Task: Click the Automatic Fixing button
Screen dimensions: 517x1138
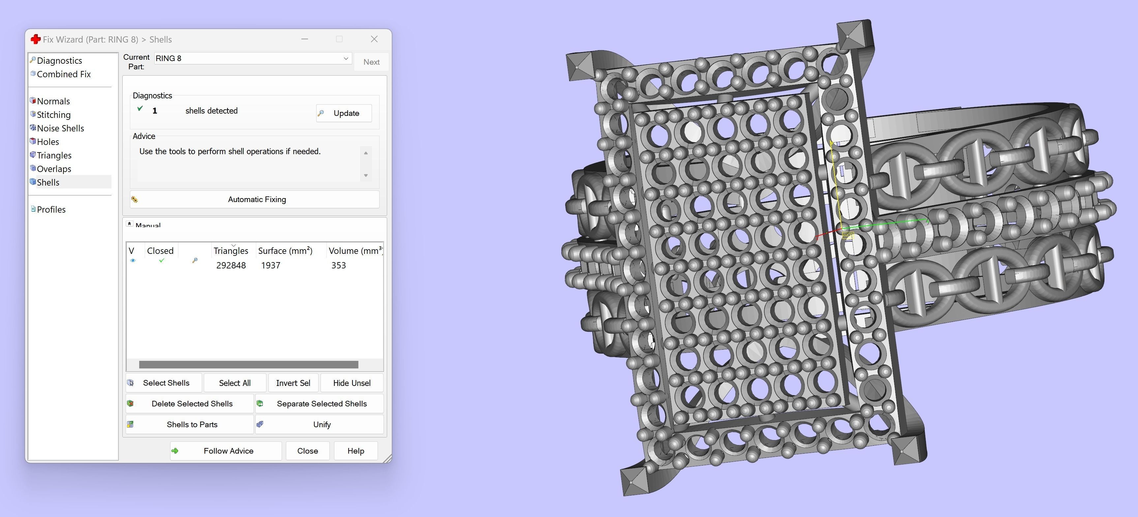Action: coord(256,199)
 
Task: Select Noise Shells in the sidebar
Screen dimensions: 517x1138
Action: coord(60,128)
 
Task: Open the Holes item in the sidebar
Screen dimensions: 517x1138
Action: coord(48,142)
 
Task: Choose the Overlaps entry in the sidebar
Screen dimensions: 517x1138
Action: coord(54,169)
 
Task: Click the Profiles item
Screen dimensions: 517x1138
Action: coord(51,210)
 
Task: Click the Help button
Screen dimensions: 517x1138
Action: coord(355,451)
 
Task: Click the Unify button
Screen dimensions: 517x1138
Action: coord(321,425)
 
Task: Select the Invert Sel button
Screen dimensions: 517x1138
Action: coord(293,383)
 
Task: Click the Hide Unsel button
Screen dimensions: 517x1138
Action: coord(352,383)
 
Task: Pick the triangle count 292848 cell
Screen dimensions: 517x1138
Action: coord(231,265)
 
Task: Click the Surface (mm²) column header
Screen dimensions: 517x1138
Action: coord(285,251)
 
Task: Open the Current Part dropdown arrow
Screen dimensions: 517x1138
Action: coord(346,58)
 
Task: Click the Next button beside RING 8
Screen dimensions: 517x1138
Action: coord(371,62)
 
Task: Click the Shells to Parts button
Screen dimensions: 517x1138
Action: coord(191,425)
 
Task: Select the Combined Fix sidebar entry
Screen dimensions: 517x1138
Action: coord(63,74)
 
